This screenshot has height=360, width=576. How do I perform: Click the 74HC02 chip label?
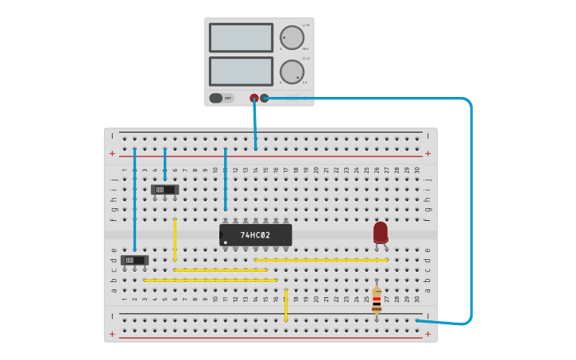[x=255, y=235]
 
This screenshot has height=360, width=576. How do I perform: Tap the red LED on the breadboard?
[x=381, y=232]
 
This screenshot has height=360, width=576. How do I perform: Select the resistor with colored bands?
[x=376, y=300]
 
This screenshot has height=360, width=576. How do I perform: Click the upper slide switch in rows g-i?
[x=165, y=190]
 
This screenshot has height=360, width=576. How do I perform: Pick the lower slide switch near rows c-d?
[x=135, y=260]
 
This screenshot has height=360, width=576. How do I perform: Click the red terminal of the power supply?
[x=254, y=99]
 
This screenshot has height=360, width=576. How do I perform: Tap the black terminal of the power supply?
[x=265, y=99]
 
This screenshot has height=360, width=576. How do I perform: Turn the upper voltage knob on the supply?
[x=292, y=37]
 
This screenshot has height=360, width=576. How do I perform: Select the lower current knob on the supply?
[x=292, y=72]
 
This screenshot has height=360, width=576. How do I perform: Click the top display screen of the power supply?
[x=241, y=37]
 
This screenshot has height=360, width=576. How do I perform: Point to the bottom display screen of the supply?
[x=241, y=72]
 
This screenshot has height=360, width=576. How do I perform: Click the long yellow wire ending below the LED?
[x=321, y=260]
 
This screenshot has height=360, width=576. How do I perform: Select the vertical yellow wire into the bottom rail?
[x=286, y=305]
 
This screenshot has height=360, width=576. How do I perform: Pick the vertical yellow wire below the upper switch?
[x=175, y=239]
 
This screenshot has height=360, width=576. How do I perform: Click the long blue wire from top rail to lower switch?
[x=135, y=199]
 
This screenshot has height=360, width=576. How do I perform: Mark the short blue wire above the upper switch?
[x=165, y=164]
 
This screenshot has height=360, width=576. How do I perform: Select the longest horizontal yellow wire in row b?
[x=211, y=281]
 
